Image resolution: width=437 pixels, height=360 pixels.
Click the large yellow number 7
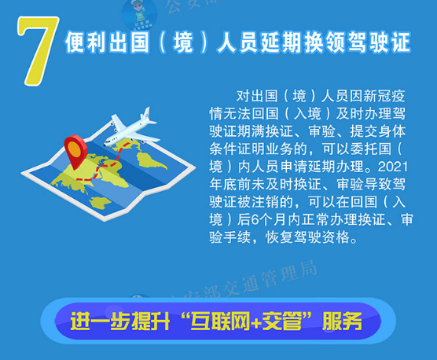click(37, 50)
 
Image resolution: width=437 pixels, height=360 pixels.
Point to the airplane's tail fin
click(147, 115)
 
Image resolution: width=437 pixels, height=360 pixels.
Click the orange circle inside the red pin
click(75, 148)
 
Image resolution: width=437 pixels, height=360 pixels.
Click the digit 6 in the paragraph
click(255, 219)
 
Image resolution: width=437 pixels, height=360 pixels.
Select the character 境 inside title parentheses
click(183, 42)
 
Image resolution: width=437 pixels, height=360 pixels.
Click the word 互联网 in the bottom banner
click(220, 321)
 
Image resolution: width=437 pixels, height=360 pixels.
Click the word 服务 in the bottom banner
click(342, 321)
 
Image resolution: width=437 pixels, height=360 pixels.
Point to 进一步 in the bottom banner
click(101, 321)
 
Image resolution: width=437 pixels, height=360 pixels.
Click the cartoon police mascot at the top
click(140, 14)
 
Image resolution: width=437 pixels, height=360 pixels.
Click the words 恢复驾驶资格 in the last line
click(307, 237)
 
